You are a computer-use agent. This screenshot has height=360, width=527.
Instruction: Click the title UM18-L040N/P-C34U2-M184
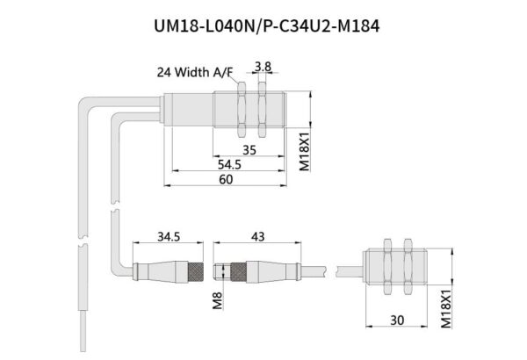[x=263, y=25]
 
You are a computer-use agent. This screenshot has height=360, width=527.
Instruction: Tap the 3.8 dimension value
[x=261, y=67]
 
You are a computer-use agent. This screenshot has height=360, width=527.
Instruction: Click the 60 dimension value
[x=226, y=179]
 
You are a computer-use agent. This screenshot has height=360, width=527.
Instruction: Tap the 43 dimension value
[x=257, y=237]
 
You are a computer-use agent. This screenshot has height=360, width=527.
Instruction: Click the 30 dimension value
[x=397, y=320]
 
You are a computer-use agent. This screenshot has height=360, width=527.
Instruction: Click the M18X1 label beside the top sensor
[x=305, y=149]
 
